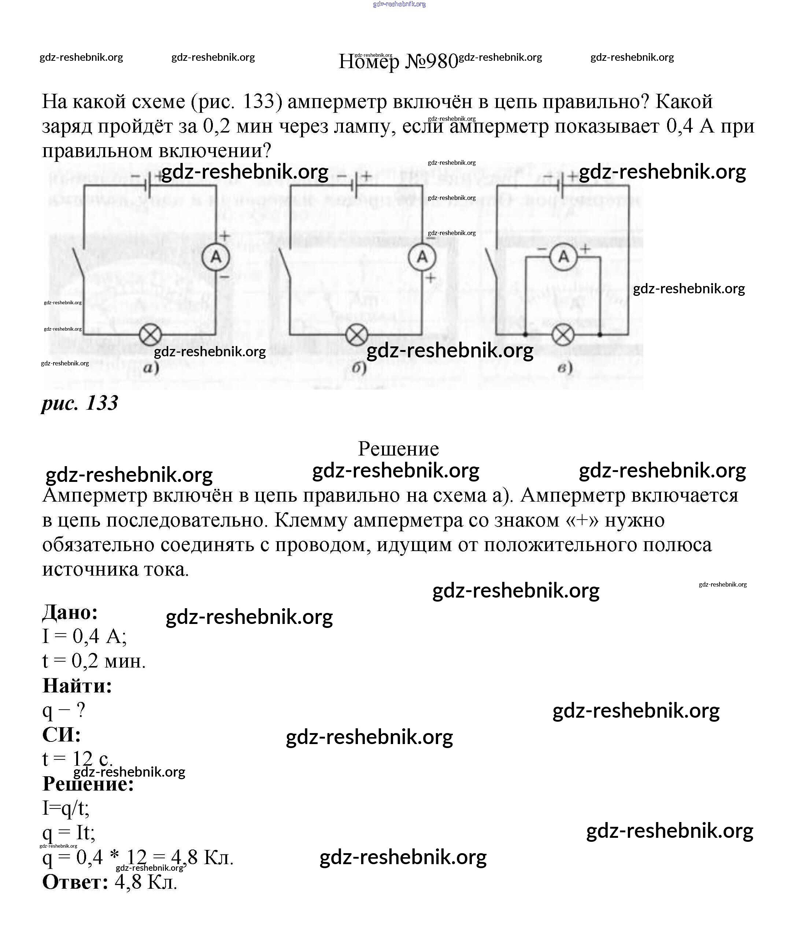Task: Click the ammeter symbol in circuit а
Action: click(216, 257)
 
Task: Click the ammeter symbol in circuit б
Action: click(422, 257)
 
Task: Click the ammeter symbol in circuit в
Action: click(563, 257)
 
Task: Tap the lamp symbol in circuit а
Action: click(150, 335)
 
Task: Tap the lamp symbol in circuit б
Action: click(357, 335)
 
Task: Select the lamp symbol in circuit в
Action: click(563, 335)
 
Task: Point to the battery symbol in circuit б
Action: click(354, 185)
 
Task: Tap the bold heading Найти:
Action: click(77, 686)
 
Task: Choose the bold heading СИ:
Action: click(62, 735)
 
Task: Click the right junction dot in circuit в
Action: click(599, 335)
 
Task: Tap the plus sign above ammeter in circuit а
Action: click(224, 235)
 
